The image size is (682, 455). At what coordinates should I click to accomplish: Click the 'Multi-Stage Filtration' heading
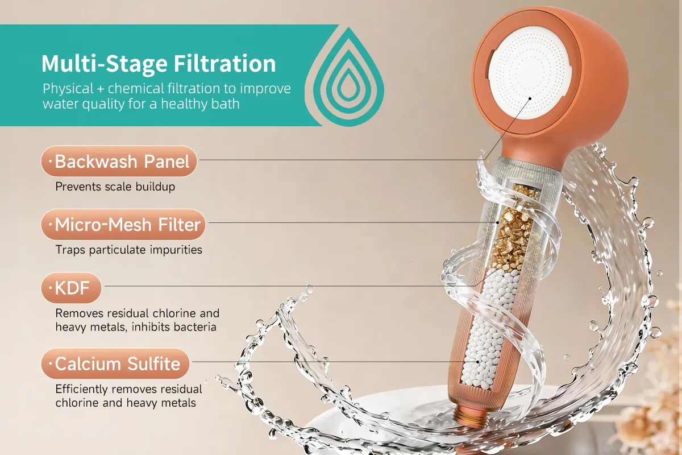click(x=159, y=64)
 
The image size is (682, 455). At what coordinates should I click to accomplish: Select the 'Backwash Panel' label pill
click(x=119, y=161)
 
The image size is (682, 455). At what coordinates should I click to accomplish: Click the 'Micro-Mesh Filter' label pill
click(x=123, y=225)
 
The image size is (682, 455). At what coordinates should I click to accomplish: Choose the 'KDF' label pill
click(x=71, y=288)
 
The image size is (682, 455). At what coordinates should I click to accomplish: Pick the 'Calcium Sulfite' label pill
click(x=115, y=363)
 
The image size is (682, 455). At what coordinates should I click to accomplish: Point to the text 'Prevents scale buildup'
click(x=115, y=187)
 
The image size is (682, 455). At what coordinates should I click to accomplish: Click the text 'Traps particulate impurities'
click(x=129, y=250)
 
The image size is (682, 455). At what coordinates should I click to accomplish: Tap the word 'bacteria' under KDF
click(x=196, y=327)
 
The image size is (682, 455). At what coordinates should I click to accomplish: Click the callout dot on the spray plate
click(x=530, y=98)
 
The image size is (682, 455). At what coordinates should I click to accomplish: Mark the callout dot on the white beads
click(x=478, y=362)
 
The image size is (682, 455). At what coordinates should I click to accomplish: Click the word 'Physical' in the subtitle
click(x=68, y=89)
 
